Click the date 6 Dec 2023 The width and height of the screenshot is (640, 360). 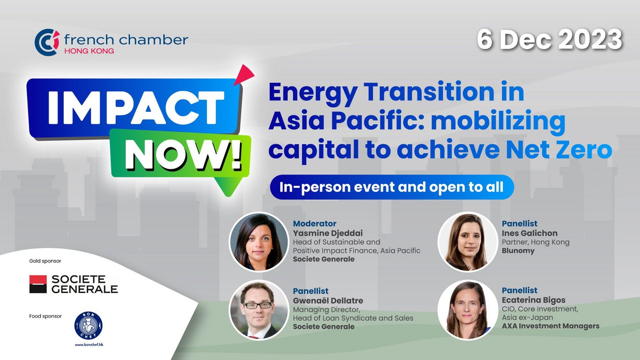[x=550, y=40]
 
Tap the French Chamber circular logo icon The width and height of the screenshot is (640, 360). [x=47, y=42]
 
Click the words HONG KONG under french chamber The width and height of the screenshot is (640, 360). [x=89, y=51]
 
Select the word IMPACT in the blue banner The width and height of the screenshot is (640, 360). [x=136, y=107]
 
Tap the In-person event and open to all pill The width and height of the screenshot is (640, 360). [x=392, y=187]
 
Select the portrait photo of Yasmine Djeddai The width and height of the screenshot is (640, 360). [x=259, y=242]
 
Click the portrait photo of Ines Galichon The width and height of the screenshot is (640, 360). [x=468, y=242]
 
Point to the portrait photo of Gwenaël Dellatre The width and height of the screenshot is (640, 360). [x=259, y=310]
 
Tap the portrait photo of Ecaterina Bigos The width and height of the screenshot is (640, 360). [x=468, y=310]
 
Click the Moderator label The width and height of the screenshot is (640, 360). [x=315, y=223]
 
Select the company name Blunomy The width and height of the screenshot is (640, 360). [x=518, y=251]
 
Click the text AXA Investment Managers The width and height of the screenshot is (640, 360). [x=550, y=326]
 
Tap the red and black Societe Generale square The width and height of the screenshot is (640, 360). [x=38, y=284]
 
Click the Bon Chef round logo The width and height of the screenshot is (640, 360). [x=89, y=325]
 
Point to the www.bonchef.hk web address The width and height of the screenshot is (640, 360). [x=89, y=345]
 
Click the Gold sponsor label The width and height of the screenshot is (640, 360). [x=45, y=261]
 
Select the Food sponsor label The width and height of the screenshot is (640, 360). [x=45, y=316]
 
